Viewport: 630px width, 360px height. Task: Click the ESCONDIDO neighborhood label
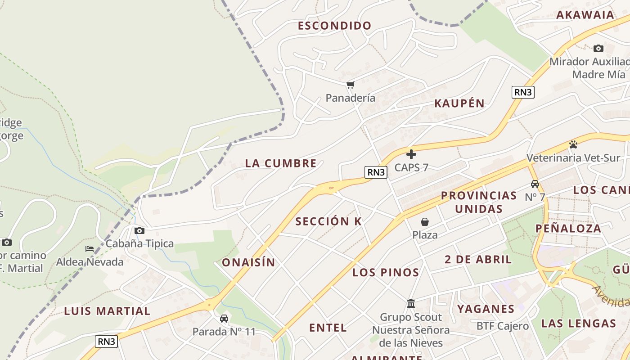pos(334,26)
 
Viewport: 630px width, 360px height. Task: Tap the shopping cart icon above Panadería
pos(350,85)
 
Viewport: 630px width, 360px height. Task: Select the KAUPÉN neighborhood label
pos(459,103)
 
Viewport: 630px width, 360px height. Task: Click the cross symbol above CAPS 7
pos(411,155)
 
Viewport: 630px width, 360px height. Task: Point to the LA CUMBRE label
pos(281,163)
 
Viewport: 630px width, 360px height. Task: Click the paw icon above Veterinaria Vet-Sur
pos(573,144)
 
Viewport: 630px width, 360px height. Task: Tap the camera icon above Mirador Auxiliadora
pos(598,48)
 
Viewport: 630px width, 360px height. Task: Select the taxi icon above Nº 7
pos(535,184)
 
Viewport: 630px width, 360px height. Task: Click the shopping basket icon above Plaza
pos(424,222)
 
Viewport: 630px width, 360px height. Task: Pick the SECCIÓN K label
pos(328,221)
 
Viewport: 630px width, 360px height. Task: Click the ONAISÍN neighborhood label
pos(248,263)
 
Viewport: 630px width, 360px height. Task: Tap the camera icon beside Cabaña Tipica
pos(139,231)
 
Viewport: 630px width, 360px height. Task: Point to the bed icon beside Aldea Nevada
pos(90,249)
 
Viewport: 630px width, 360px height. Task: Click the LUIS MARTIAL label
pos(107,311)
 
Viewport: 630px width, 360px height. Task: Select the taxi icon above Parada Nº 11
pos(224,319)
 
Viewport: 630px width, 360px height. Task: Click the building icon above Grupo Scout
pos(410,304)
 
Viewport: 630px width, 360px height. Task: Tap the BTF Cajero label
pos(502,326)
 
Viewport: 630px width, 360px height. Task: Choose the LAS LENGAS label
pos(578,324)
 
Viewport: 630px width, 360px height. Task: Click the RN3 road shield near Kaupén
pos(523,92)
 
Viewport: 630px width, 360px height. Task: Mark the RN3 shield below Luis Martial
pos(107,342)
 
